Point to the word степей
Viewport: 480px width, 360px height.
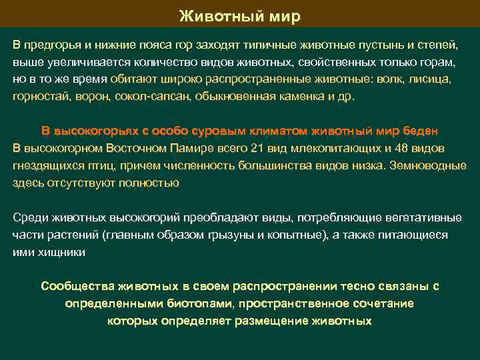point(437,44)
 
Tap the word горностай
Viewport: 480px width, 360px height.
point(38,96)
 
